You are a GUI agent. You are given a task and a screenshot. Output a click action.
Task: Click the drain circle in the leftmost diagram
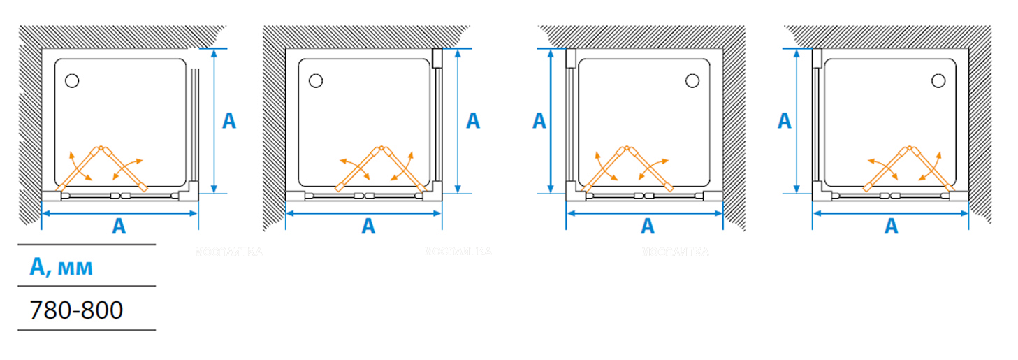click(71, 81)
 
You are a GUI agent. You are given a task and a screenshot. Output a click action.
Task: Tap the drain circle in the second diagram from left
click(315, 81)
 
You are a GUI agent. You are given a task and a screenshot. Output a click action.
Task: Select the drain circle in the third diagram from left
click(692, 81)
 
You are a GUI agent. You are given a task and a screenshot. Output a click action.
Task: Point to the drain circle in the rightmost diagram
click(938, 81)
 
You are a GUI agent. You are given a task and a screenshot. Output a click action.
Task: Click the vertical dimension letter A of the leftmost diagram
click(228, 121)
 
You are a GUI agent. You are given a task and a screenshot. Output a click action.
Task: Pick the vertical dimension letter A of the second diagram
click(473, 121)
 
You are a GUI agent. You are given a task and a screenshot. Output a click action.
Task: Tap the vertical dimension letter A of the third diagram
click(539, 121)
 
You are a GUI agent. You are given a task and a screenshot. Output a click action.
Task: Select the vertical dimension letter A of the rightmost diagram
click(784, 121)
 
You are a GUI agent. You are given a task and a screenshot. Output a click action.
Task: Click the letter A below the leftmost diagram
click(119, 226)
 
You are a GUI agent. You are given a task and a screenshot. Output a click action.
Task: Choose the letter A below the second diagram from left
click(368, 226)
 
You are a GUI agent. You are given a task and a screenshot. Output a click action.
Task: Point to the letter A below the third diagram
click(648, 226)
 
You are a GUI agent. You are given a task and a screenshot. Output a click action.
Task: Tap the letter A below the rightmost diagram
click(891, 226)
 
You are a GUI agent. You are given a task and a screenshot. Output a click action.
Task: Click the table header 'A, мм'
click(61, 266)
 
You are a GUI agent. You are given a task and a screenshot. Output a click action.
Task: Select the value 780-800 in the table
click(77, 310)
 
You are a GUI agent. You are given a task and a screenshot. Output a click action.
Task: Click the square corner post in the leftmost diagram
click(191, 191)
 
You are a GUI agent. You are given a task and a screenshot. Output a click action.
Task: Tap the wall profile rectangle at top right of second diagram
click(437, 58)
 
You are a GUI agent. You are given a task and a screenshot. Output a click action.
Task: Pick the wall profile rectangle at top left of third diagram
click(570, 58)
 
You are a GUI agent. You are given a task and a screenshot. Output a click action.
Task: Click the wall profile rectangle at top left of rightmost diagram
click(816, 58)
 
